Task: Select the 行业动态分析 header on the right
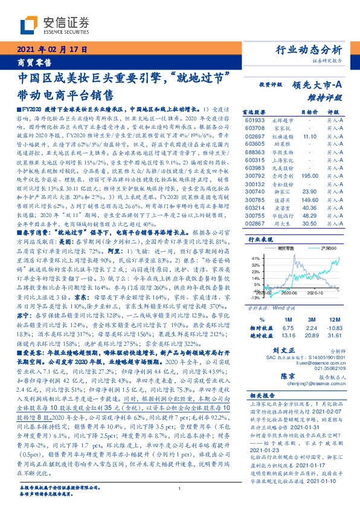308,50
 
